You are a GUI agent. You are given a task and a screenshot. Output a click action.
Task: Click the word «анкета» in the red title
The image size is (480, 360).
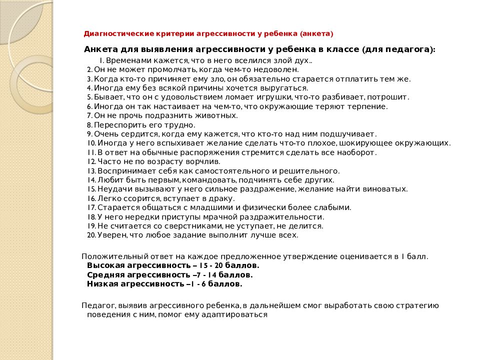[317, 34]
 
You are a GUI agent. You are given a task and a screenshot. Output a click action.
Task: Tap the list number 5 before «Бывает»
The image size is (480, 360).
[89, 97]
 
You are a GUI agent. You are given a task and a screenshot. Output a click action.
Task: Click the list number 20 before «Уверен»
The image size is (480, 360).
[91, 234]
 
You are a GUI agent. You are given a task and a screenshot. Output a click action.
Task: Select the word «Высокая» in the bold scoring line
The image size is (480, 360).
[105, 265]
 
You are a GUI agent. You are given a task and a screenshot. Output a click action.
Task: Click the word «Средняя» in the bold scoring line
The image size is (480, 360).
[104, 274]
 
